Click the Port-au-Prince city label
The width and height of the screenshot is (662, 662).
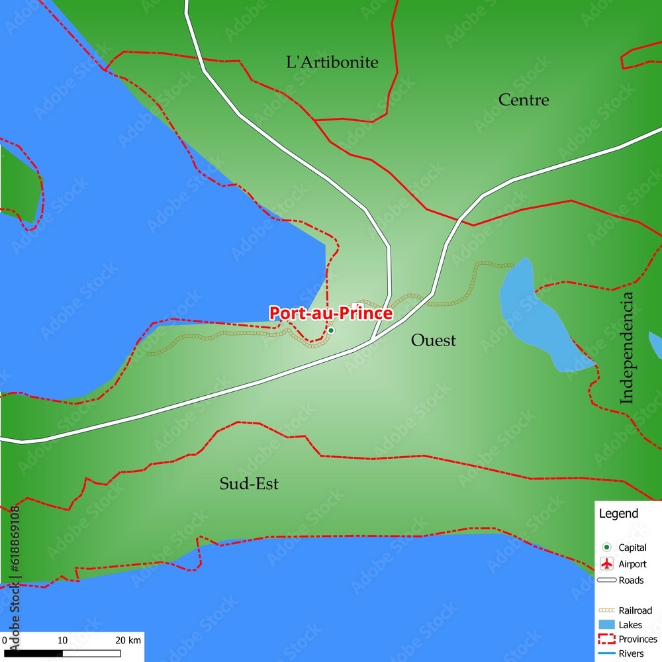click(x=330, y=313)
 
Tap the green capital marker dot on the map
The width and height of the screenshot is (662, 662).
click(x=331, y=330)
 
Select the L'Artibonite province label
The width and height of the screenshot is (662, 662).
click(x=332, y=62)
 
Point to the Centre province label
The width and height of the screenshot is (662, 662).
click(x=524, y=100)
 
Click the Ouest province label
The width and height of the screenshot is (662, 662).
click(x=433, y=340)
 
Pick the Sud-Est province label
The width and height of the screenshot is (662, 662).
click(x=249, y=484)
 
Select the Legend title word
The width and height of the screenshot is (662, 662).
click(x=618, y=513)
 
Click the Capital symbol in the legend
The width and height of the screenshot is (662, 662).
click(x=606, y=547)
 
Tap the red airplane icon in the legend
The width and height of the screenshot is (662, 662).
click(x=606, y=564)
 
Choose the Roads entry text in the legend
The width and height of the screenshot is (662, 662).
click(x=631, y=581)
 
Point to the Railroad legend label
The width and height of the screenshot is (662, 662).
click(x=635, y=610)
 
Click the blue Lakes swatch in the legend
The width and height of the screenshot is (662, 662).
click(x=606, y=625)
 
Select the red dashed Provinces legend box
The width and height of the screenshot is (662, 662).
click(x=606, y=639)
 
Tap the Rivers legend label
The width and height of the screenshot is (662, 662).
click(x=631, y=654)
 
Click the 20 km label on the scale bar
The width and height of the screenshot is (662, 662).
click(x=127, y=640)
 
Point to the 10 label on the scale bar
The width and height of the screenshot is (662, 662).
click(x=62, y=640)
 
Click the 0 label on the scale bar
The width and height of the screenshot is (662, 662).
click(x=5, y=640)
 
